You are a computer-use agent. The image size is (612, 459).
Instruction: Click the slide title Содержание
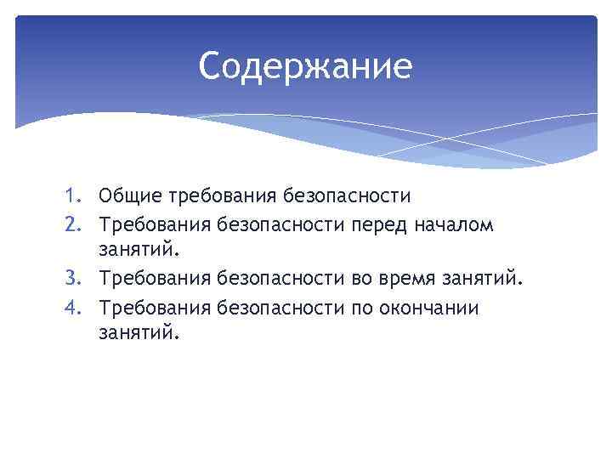(x=305, y=66)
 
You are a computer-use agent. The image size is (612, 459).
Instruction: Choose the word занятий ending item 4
(x=139, y=334)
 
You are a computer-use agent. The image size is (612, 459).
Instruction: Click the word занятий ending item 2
(x=139, y=252)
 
